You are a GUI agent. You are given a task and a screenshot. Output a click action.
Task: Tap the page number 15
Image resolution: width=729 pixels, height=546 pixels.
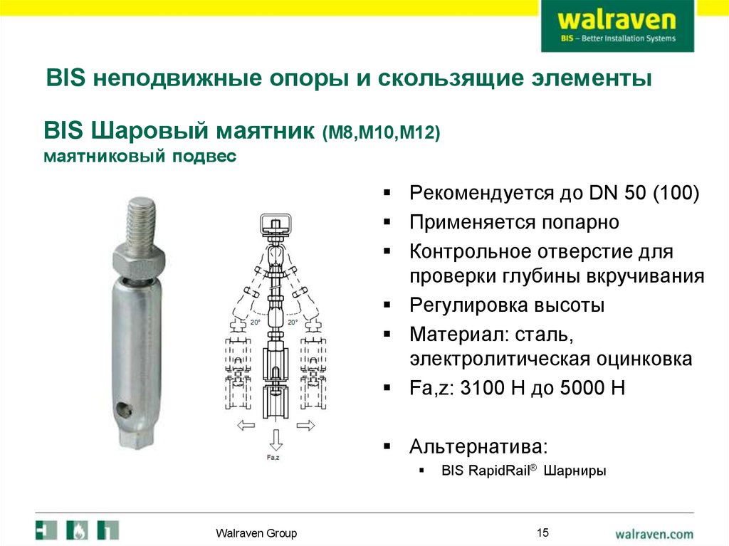coord(543,532)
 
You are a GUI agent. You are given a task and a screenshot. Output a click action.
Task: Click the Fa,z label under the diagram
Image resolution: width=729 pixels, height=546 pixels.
coord(273,458)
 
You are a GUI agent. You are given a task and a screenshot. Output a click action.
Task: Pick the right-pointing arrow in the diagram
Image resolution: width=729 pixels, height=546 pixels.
coord(305,426)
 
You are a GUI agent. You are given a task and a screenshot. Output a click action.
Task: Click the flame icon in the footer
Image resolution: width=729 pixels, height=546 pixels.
coord(77,531)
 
